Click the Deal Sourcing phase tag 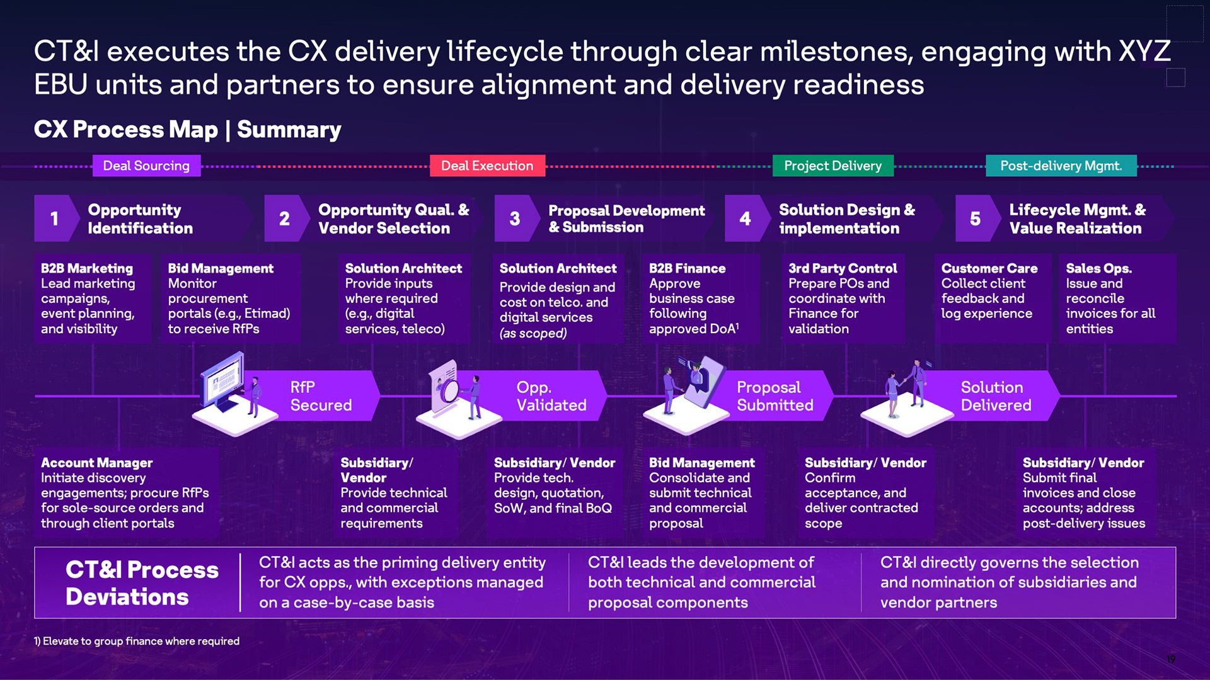(x=146, y=166)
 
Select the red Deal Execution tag (x=487, y=166)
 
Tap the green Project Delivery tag (x=833, y=166)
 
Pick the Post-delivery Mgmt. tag (x=1061, y=166)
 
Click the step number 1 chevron (x=55, y=218)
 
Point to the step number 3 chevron (x=515, y=218)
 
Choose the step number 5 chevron (x=975, y=218)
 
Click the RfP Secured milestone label (x=321, y=396)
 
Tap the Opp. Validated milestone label (x=551, y=396)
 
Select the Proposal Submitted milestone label (x=775, y=396)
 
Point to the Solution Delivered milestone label (x=996, y=396)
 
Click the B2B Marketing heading (x=87, y=268)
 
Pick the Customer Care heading (x=989, y=268)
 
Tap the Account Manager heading (x=96, y=463)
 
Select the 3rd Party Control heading (x=843, y=268)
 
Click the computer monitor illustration (x=222, y=382)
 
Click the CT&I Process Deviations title (x=142, y=583)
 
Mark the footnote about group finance (x=137, y=641)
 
